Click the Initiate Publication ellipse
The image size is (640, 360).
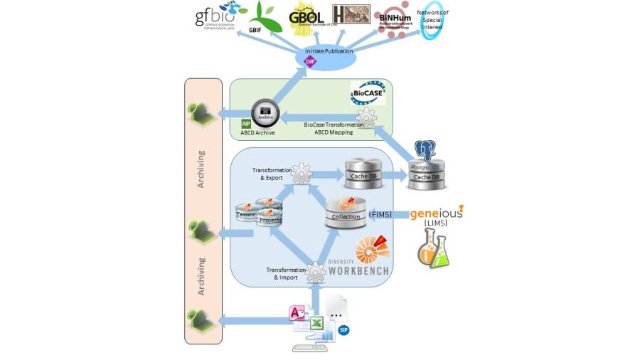coord(324,57)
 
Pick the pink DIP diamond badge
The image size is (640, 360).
coord(309,62)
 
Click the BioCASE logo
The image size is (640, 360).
coord(368,92)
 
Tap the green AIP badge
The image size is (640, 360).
coord(246,124)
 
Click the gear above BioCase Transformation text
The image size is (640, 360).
coord(366,116)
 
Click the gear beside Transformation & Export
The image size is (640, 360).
coord(302,173)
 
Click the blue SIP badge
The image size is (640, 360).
coord(343,330)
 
